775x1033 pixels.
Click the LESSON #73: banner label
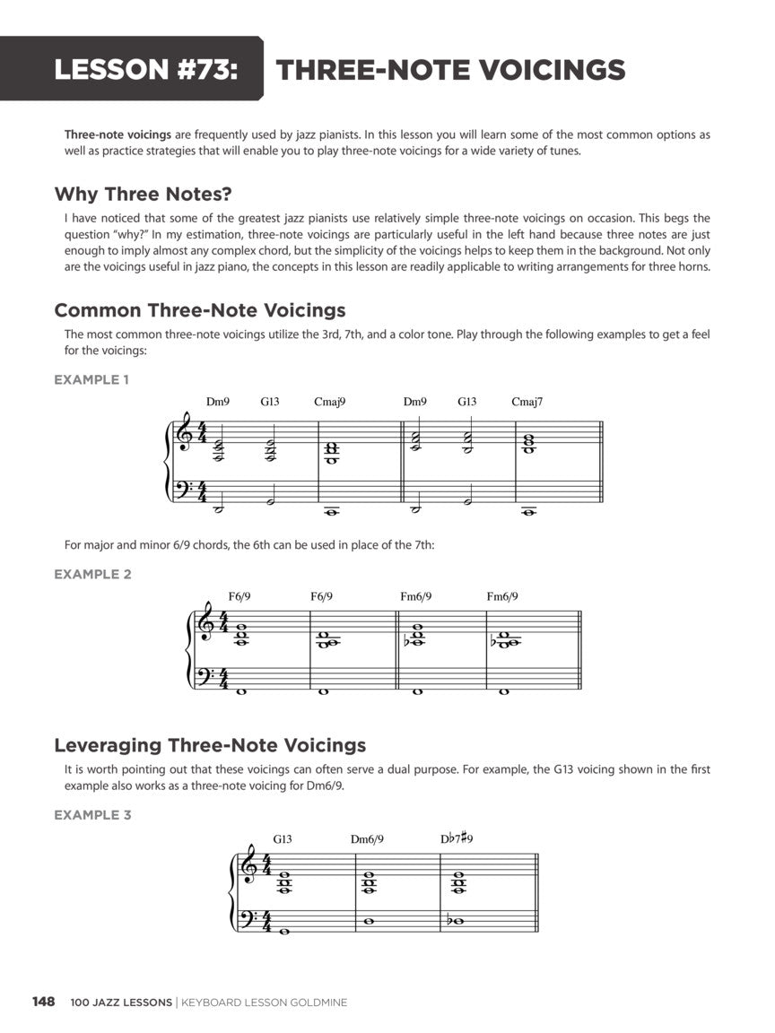pos(146,70)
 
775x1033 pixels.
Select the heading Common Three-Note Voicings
pos(200,310)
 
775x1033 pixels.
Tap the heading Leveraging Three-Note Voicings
pos(210,745)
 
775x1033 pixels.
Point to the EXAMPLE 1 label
pos(91,379)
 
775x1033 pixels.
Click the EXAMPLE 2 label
pos(92,574)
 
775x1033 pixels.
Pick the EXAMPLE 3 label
pos(92,815)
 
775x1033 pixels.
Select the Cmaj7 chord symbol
pos(527,402)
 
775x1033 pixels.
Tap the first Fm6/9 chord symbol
pos(415,596)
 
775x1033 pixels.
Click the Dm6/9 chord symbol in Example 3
pos(367,839)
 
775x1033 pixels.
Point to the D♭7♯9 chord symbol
pos(457,838)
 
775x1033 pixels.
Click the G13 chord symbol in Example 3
pos(283,839)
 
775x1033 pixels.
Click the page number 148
pos(44,1002)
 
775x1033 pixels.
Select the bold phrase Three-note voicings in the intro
pos(118,135)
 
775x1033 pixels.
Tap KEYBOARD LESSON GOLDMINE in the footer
pos(264,1003)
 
